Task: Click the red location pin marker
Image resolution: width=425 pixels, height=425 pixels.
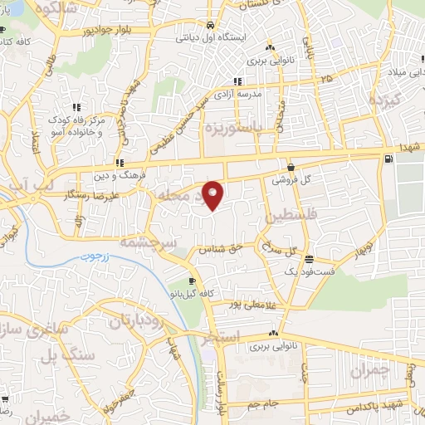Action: (x=213, y=194)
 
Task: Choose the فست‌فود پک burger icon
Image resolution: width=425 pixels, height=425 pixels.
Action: (x=310, y=258)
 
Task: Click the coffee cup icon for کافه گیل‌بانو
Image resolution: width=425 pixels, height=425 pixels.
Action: (x=193, y=281)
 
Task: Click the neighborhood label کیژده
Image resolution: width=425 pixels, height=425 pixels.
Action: (x=386, y=101)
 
